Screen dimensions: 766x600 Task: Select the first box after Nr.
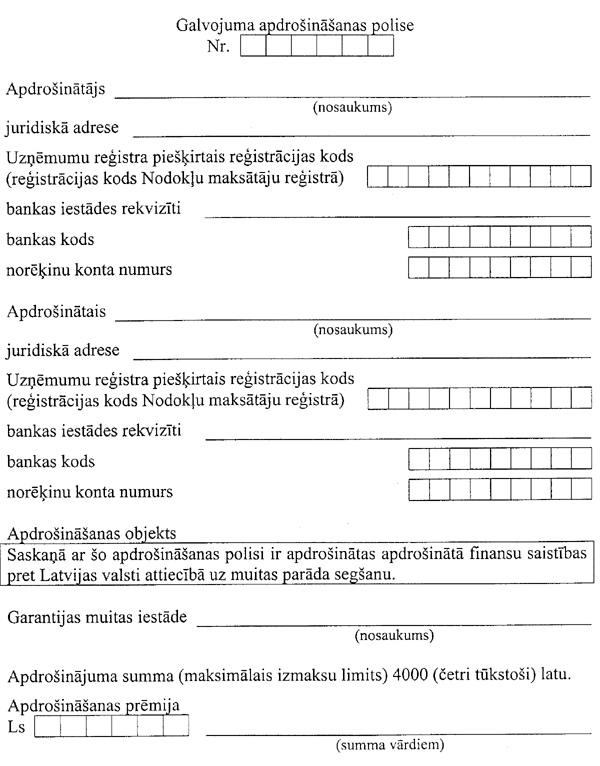click(x=252, y=47)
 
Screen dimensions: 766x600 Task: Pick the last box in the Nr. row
click(x=381, y=47)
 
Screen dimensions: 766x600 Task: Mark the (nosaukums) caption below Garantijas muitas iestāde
click(x=393, y=634)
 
